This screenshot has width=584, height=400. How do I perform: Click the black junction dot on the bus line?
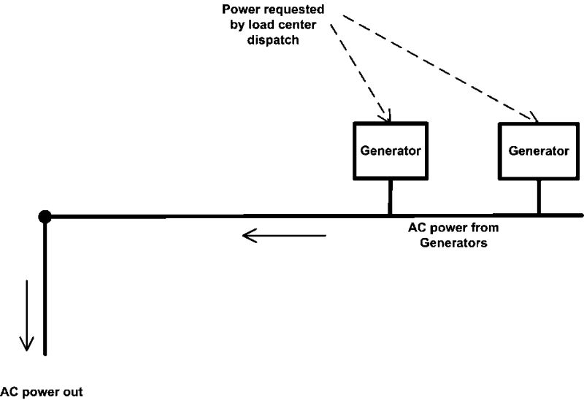[45, 216]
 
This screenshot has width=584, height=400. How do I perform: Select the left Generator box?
[390, 151]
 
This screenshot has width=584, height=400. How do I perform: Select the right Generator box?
[538, 151]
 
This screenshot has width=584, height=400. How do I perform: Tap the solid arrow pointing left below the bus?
[284, 236]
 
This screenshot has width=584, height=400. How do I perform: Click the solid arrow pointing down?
[26, 315]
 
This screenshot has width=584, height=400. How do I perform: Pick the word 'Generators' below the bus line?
[453, 243]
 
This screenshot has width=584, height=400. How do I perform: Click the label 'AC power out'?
[42, 392]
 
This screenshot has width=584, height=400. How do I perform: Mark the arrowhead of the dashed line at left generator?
[388, 118]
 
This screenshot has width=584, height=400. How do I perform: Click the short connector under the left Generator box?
[390, 197]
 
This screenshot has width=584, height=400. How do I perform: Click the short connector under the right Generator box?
[539, 197]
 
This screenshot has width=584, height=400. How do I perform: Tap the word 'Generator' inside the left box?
[390, 151]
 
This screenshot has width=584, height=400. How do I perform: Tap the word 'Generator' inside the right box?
[538, 151]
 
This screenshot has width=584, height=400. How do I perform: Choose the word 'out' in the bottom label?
[72, 392]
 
